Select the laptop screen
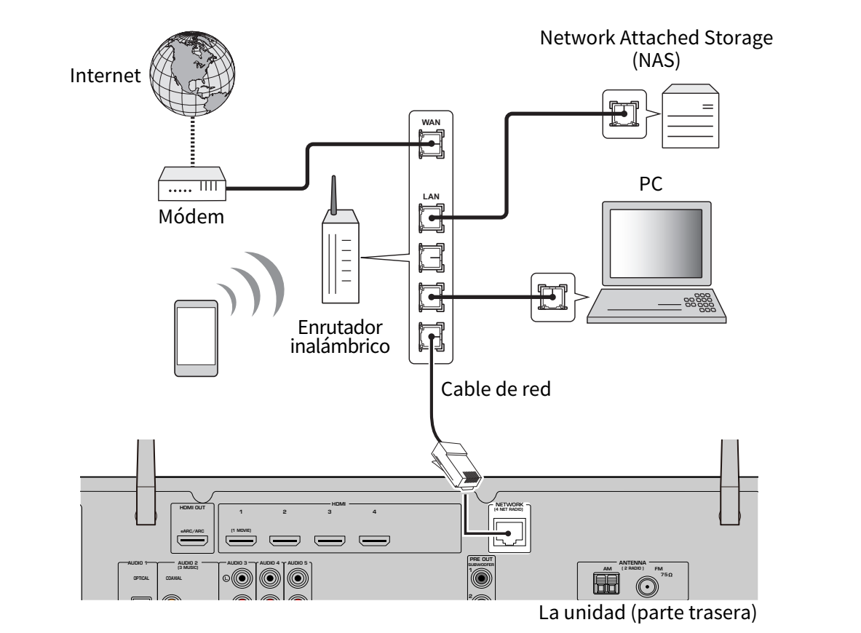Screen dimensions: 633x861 pos(656,241)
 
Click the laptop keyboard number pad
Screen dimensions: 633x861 pos(702,302)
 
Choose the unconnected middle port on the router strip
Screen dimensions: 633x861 pos(430,257)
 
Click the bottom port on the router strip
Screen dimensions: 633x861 pos(430,337)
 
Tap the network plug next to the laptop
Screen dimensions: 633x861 pos(552,297)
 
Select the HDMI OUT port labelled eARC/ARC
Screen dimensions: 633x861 pos(194,541)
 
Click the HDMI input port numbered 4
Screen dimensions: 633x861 pos(374,541)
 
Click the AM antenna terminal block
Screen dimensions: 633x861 pos(606,584)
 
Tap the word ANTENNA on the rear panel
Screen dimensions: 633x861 pos(632,563)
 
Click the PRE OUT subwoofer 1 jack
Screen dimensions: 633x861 pos(480,579)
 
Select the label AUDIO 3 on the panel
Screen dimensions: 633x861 pos(237,563)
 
